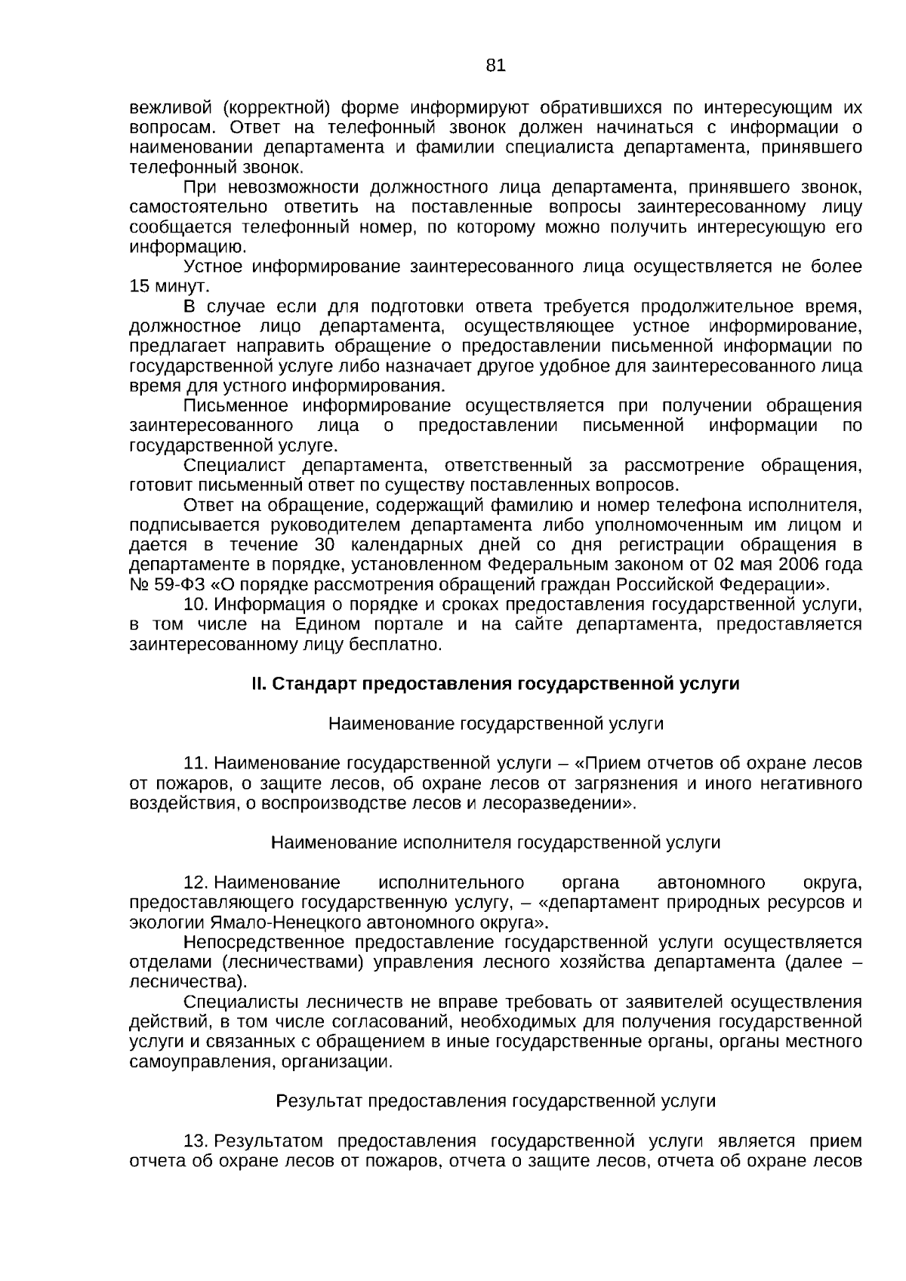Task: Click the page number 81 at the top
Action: [x=495, y=65]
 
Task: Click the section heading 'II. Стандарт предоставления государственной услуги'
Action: [x=495, y=684]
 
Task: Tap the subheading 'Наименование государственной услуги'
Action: [x=495, y=724]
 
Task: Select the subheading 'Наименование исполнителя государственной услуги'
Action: [x=495, y=842]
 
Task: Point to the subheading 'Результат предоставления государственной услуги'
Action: [x=495, y=1101]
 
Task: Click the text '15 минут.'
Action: [x=168, y=287]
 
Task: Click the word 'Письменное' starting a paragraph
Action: [x=237, y=405]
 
